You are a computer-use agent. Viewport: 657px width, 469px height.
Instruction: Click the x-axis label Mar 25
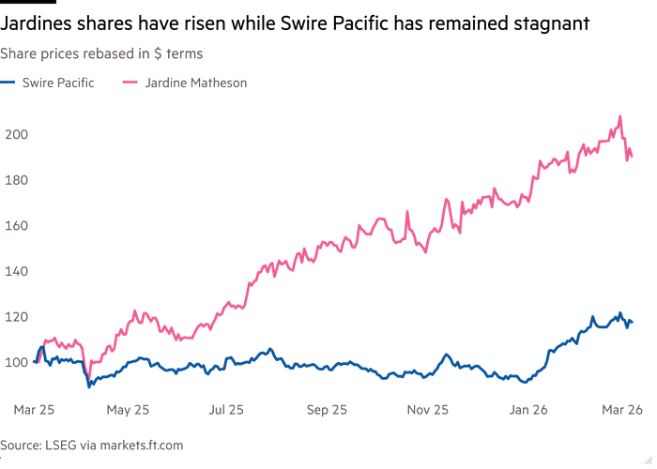[x=34, y=410]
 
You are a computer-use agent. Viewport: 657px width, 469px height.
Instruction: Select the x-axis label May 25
[x=128, y=410]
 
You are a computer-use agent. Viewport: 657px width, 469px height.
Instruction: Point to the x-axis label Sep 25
[x=325, y=410]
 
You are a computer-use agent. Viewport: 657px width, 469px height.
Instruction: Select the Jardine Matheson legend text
[x=195, y=83]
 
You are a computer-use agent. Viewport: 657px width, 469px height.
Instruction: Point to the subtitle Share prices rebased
[x=101, y=53]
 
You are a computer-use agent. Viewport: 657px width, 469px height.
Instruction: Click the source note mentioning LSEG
[x=91, y=445]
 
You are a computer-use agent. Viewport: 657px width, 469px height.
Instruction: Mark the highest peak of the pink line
[x=619, y=116]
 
